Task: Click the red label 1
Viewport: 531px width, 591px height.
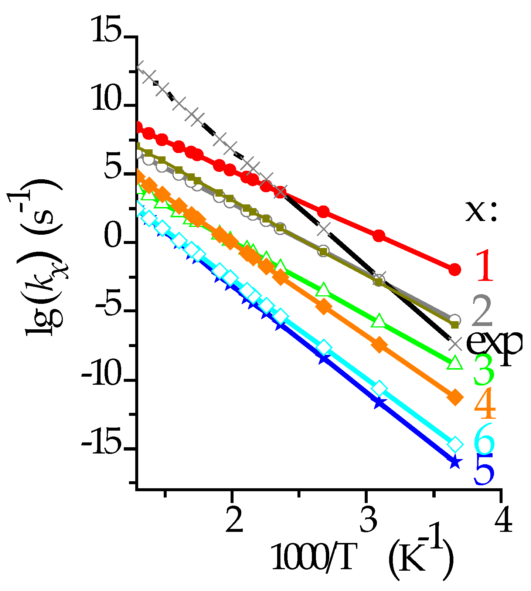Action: tap(484, 266)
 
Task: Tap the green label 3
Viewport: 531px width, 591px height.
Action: tap(484, 369)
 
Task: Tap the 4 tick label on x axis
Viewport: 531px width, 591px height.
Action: tap(502, 522)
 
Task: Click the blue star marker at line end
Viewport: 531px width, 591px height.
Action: tap(455, 462)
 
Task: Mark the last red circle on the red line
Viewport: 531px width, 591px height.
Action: tap(455, 269)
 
